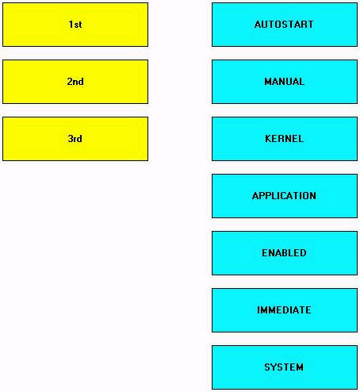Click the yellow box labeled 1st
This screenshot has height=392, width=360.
click(x=75, y=25)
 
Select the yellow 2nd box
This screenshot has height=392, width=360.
click(x=75, y=82)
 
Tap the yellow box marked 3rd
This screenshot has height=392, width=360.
click(x=75, y=139)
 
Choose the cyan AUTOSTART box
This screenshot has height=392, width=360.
click(x=285, y=25)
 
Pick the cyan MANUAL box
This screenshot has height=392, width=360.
click(x=285, y=82)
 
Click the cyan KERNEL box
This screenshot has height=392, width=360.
click(x=285, y=139)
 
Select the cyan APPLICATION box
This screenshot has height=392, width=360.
click(x=285, y=196)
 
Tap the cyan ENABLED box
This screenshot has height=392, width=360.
click(x=285, y=253)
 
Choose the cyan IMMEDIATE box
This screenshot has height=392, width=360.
click(x=285, y=310)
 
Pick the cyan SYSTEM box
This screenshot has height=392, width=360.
click(x=285, y=367)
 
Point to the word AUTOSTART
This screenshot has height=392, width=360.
click(x=284, y=25)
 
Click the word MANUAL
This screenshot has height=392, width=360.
click(x=285, y=82)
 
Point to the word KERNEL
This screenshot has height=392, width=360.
click(x=284, y=139)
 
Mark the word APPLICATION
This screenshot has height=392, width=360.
click(x=284, y=196)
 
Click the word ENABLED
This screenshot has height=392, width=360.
click(x=284, y=253)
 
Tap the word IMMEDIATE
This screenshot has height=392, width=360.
click(x=284, y=310)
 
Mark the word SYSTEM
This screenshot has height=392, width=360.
click(x=284, y=367)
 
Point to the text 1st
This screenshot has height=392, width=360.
click(x=75, y=25)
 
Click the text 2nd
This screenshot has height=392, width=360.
click(x=75, y=82)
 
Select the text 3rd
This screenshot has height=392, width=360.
click(x=75, y=139)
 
